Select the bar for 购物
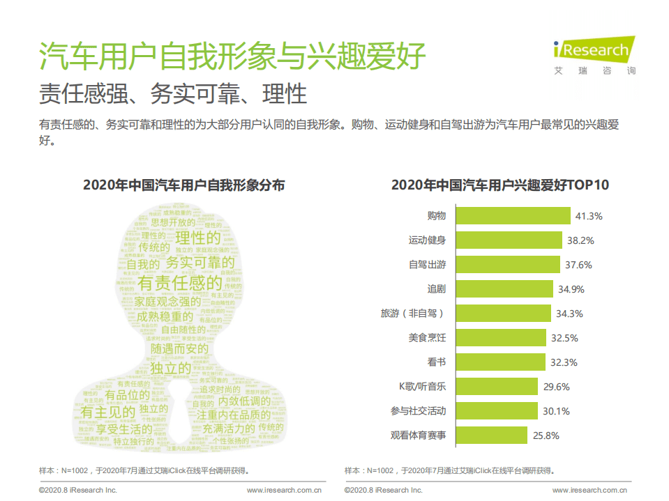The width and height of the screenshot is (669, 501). click(x=513, y=216)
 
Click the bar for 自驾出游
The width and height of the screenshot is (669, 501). click(x=508, y=265)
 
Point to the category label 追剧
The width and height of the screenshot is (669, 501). click(x=437, y=289)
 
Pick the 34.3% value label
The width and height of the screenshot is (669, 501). click(x=569, y=314)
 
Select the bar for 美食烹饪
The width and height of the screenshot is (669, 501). click(x=500, y=338)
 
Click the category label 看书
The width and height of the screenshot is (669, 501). click(x=437, y=362)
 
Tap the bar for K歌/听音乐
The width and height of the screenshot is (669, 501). click(x=497, y=387)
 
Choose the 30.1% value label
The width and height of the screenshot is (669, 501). click(x=557, y=411)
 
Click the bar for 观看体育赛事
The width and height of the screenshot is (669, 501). click(x=491, y=436)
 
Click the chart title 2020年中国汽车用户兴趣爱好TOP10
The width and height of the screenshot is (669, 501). click(x=500, y=185)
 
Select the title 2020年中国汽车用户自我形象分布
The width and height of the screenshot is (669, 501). click(x=184, y=185)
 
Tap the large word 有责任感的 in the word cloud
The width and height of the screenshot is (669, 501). click(x=180, y=283)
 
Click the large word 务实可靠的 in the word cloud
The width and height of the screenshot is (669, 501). click(x=200, y=263)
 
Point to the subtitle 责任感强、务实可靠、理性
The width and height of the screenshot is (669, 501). click(x=173, y=93)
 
